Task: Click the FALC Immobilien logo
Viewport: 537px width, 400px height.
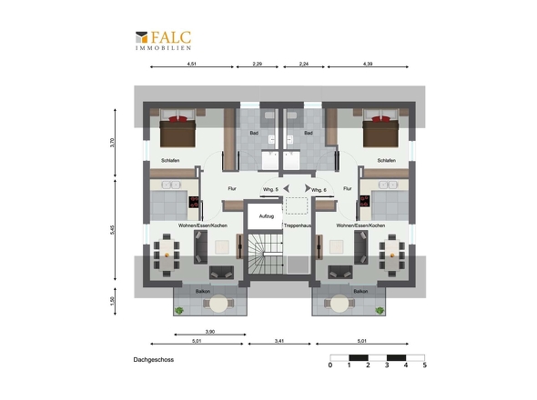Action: click(x=163, y=41)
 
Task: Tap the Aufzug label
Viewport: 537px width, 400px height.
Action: click(x=267, y=216)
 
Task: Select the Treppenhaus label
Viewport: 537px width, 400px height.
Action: click(x=298, y=225)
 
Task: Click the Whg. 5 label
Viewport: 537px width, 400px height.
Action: click(x=270, y=190)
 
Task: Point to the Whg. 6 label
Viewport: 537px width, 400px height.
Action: click(x=319, y=190)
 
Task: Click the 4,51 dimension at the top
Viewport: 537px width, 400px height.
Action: click(x=192, y=64)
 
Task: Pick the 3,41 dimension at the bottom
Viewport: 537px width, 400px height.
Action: click(x=279, y=341)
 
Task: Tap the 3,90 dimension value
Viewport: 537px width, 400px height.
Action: click(x=210, y=332)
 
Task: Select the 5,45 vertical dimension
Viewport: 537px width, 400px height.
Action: click(x=112, y=230)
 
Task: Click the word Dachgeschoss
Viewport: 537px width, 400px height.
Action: click(x=154, y=360)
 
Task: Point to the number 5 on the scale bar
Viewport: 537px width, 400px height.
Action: click(x=425, y=365)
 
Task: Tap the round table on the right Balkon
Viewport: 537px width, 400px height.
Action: click(x=340, y=304)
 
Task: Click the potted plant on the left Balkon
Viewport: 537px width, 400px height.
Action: click(x=178, y=310)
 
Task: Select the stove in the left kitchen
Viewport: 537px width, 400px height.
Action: click(x=194, y=202)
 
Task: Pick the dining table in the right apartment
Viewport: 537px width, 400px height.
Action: click(x=392, y=255)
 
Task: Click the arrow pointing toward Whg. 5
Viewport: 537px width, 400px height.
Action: click(x=287, y=188)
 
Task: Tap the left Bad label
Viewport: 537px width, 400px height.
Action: click(x=254, y=133)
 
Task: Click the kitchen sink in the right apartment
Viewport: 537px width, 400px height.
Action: click(x=388, y=185)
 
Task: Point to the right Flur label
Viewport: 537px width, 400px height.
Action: click(x=348, y=188)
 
